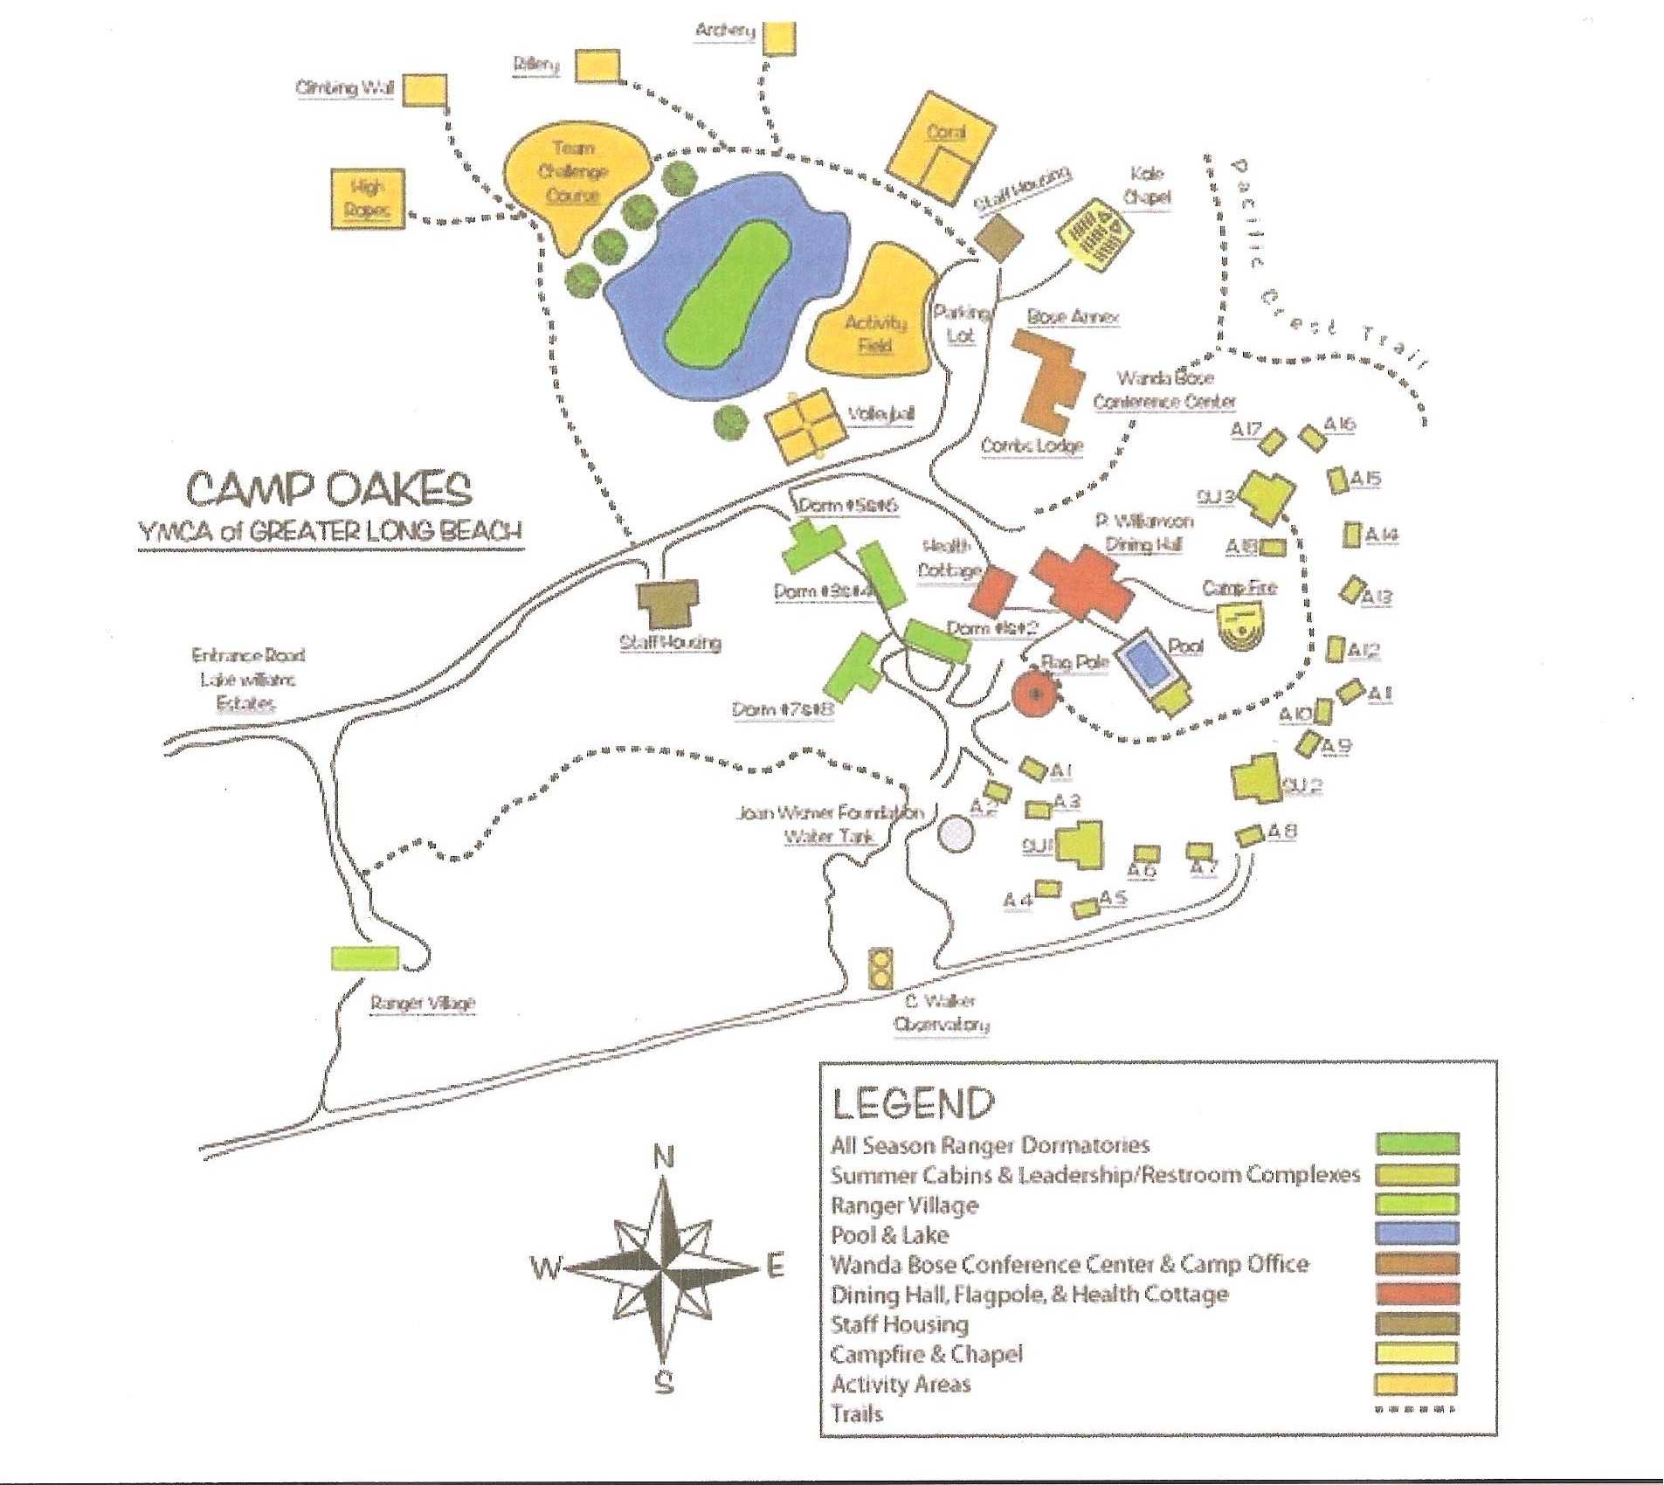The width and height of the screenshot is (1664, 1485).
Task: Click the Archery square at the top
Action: pyautogui.click(x=779, y=38)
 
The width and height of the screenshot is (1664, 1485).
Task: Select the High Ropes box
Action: pyautogui.click(x=369, y=198)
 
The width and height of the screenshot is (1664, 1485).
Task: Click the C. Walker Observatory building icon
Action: pyautogui.click(x=882, y=968)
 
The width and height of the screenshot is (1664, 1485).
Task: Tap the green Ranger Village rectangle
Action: pyautogui.click(x=365, y=957)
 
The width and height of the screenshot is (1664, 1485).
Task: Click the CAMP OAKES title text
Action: pyautogui.click(x=330, y=489)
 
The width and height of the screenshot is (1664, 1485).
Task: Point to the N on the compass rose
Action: pyautogui.click(x=664, y=1158)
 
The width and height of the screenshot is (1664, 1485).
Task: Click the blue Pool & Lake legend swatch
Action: pyautogui.click(x=1416, y=1233)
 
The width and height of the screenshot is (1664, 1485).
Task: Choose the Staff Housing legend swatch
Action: pyautogui.click(x=1416, y=1323)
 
